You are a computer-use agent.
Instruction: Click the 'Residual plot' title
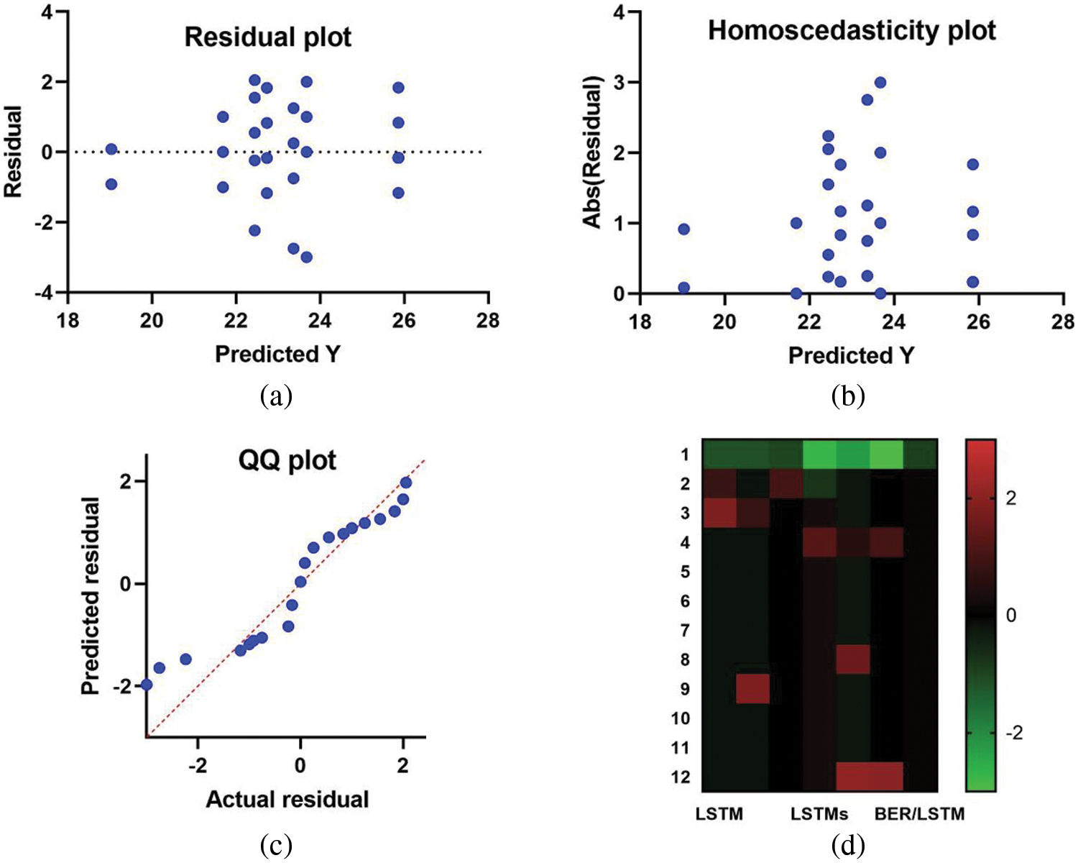point(267,37)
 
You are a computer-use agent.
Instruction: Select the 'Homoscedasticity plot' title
point(852,31)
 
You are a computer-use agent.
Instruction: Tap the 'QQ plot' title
point(287,460)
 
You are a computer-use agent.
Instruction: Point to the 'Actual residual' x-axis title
point(287,800)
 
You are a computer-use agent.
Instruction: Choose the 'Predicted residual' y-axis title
point(90,595)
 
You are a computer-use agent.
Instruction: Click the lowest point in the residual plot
point(306,257)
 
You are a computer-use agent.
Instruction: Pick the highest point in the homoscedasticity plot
point(880,83)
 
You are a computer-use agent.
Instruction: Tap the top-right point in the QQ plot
point(405,483)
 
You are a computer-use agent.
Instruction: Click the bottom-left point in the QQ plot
point(147,685)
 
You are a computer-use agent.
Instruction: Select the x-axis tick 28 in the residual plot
point(488,319)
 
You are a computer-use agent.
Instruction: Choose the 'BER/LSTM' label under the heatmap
point(919,814)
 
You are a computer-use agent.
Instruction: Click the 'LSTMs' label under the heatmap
point(819,814)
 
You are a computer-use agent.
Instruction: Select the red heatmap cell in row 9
point(753,689)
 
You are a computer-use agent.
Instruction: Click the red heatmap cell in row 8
point(853,659)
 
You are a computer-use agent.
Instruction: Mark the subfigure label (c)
point(277,846)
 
